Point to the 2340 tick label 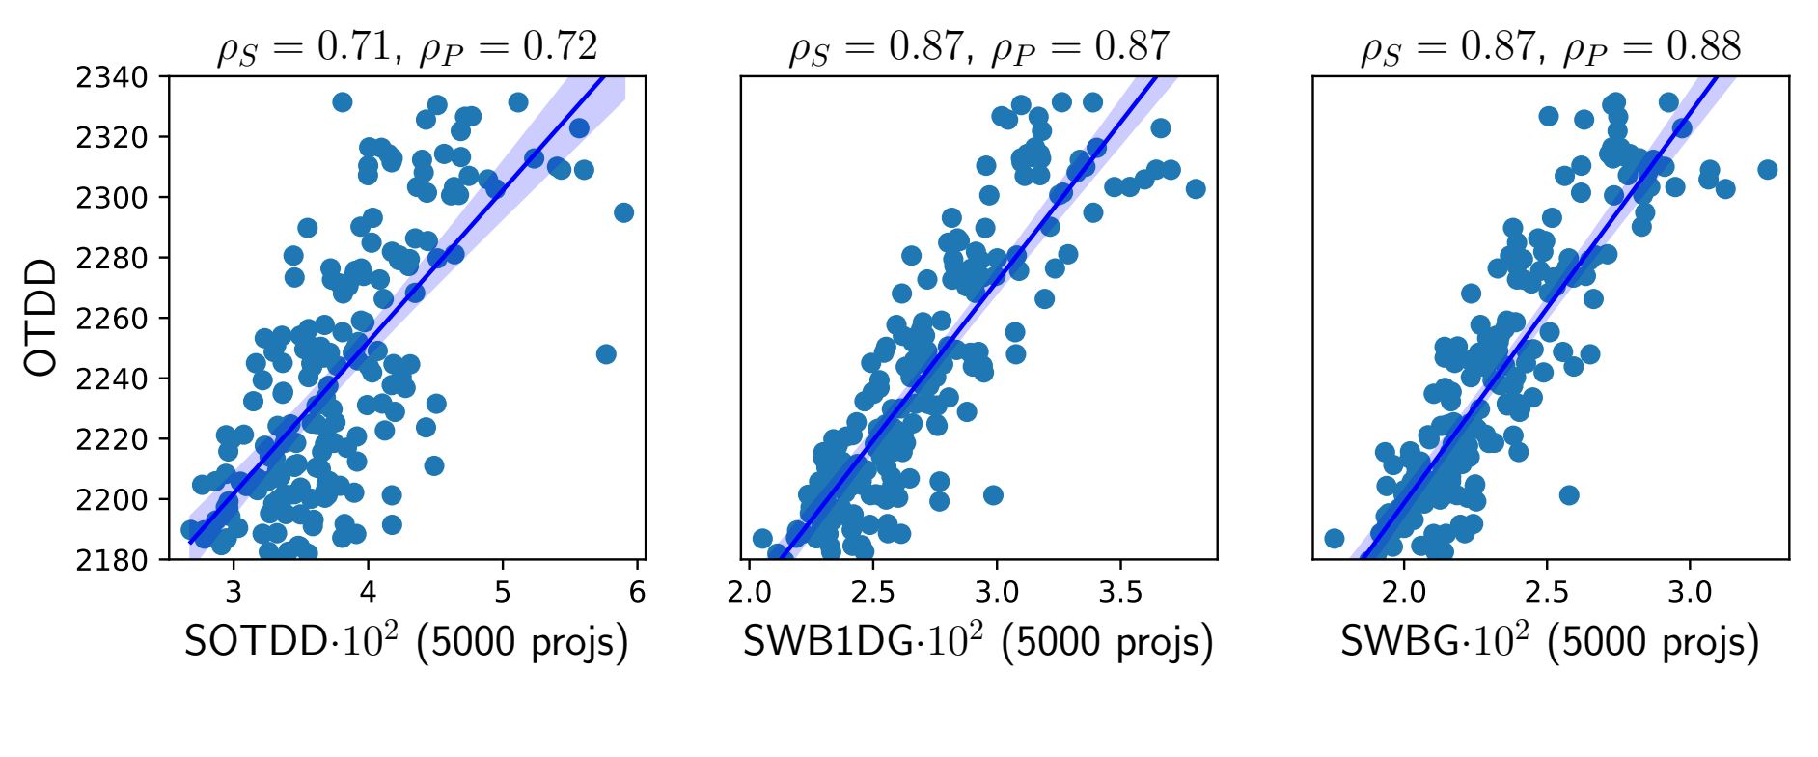coord(112,77)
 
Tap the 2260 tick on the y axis coord(112,319)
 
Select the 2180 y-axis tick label coord(112,560)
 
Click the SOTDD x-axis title coord(406,643)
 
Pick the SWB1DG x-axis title coord(978,643)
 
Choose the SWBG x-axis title coord(1550,643)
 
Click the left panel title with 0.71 coord(406,46)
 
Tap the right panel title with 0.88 coord(1550,46)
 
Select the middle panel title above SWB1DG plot coord(978,46)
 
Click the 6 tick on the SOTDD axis coord(637,592)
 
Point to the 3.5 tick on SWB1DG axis coord(1121,592)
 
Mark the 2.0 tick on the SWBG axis coord(1404,592)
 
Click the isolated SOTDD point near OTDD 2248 coord(606,354)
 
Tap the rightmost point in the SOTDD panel coord(624,212)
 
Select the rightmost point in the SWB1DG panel coord(1196,189)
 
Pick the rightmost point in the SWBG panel coord(1768,170)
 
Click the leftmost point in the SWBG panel coord(1335,539)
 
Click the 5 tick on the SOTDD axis coord(503,592)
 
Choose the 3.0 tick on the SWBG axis coord(1690,592)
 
